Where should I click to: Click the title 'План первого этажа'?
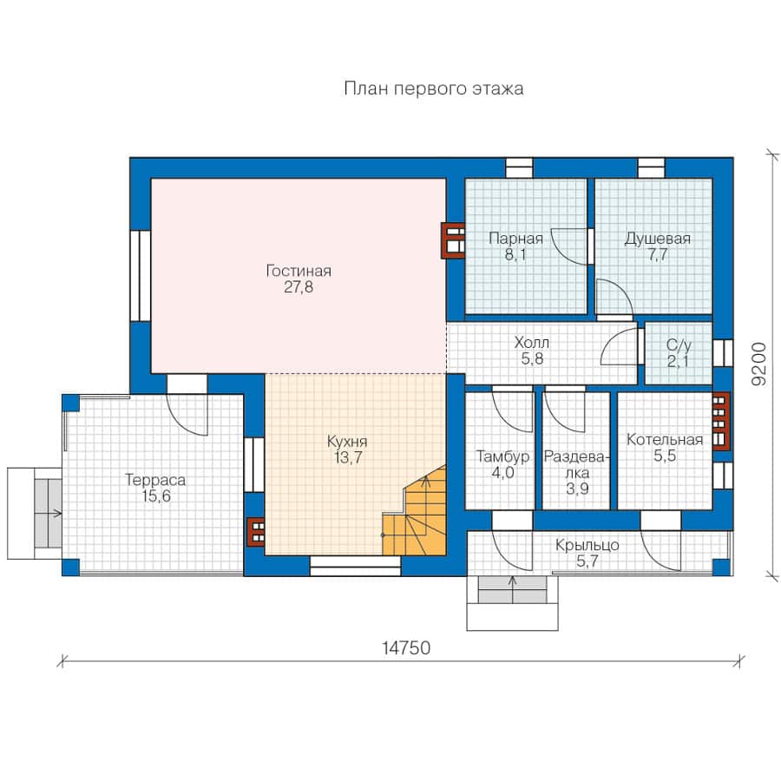pyautogui.click(x=433, y=89)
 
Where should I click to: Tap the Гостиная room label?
pyautogui.click(x=299, y=271)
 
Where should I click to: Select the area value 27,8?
pyautogui.click(x=299, y=287)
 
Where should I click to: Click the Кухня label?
pyautogui.click(x=347, y=442)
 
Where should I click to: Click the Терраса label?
pyautogui.click(x=155, y=480)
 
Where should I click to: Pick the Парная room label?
pyautogui.click(x=515, y=238)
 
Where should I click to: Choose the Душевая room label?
pyautogui.click(x=658, y=238)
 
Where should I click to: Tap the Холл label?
pyautogui.click(x=532, y=342)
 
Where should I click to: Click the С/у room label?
pyautogui.click(x=679, y=345)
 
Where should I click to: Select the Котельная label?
pyautogui.click(x=665, y=439)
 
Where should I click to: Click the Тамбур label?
pyautogui.click(x=502, y=456)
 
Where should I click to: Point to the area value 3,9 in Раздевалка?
pyautogui.click(x=577, y=489)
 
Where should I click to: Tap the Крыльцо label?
pyautogui.click(x=587, y=545)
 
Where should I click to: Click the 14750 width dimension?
pyautogui.click(x=406, y=647)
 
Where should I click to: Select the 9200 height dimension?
pyautogui.click(x=758, y=364)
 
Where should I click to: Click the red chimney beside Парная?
pyautogui.click(x=453, y=240)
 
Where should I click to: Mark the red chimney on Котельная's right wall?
pyautogui.click(x=721, y=421)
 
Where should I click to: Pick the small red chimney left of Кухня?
pyautogui.click(x=257, y=531)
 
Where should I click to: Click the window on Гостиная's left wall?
pyautogui.click(x=141, y=275)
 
